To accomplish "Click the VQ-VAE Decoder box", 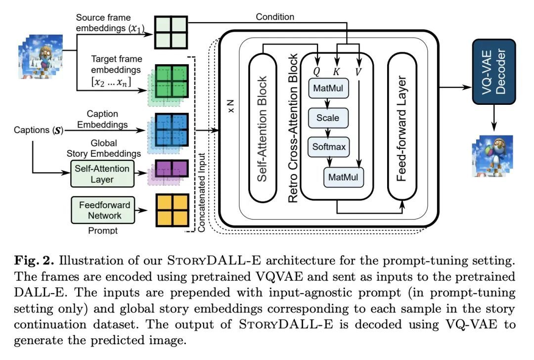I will (x=494, y=72).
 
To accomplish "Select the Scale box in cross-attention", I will (x=328, y=119).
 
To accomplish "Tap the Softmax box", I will (x=328, y=146).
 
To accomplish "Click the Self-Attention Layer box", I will (x=103, y=173).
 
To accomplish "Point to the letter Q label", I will (x=317, y=71).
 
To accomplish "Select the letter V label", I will (x=358, y=71).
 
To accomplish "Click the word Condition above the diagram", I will (x=275, y=17).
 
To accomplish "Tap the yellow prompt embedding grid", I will (x=172, y=209).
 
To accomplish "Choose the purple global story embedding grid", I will (x=172, y=169).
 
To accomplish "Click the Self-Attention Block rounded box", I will (x=263, y=129).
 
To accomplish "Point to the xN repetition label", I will (x=230, y=108).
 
